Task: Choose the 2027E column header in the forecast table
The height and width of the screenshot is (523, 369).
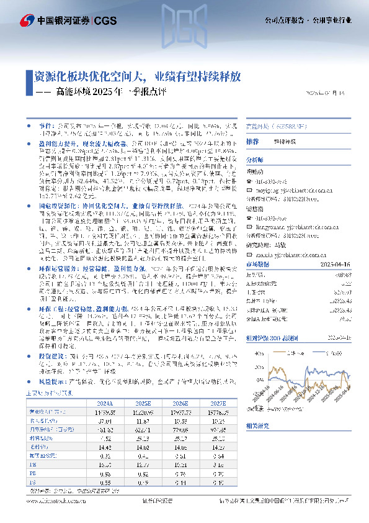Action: pos(218,401)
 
